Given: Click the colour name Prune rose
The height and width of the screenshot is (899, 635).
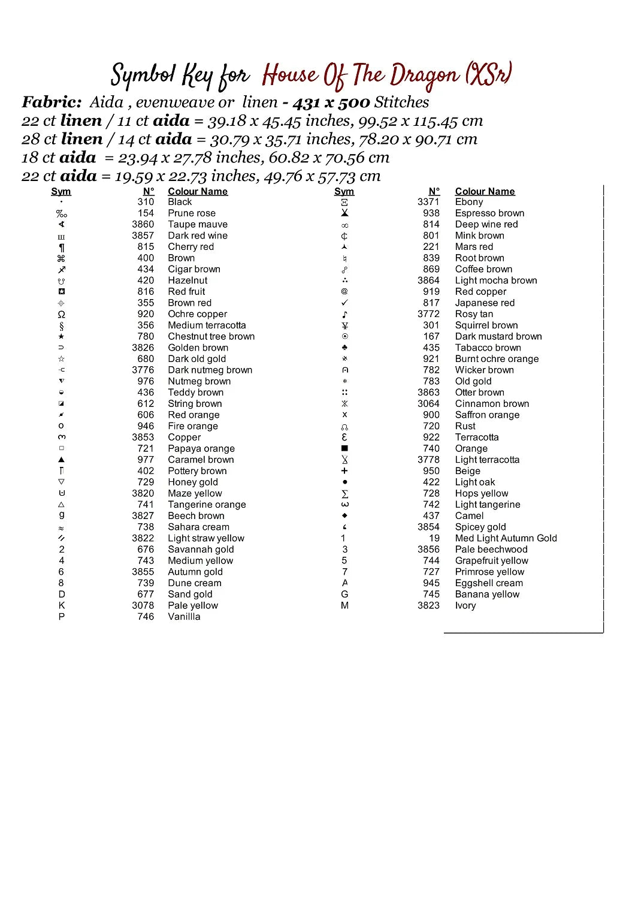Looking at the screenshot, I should (x=191, y=213).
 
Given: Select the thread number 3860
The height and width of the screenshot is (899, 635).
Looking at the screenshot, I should (x=143, y=224).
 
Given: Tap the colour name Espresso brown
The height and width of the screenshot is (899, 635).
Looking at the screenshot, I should (x=489, y=213).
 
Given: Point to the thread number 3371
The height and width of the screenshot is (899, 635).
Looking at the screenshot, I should (x=428, y=202).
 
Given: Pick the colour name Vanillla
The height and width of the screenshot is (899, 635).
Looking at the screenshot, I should (x=184, y=617).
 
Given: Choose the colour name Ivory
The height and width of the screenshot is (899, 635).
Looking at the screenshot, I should (x=465, y=605).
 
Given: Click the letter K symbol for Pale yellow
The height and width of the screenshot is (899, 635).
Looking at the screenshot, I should (x=62, y=605).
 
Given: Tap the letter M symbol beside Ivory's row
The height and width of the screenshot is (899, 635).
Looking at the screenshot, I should (x=344, y=605).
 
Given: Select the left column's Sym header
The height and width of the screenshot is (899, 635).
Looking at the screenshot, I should (x=61, y=191).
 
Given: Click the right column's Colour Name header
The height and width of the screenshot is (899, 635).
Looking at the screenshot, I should (x=485, y=191).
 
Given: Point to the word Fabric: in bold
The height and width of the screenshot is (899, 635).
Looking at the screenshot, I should (x=52, y=102).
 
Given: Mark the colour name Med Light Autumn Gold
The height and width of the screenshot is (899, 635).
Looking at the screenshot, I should (x=506, y=538).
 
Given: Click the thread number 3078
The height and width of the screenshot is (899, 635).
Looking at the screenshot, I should (x=143, y=605).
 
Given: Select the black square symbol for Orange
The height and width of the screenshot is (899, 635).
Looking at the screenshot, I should (x=344, y=448).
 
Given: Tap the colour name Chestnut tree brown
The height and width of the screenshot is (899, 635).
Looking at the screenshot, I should (x=211, y=336).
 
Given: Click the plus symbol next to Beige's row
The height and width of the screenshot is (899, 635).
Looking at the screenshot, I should (x=344, y=471).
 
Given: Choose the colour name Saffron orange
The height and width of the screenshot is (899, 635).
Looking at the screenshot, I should (x=487, y=415).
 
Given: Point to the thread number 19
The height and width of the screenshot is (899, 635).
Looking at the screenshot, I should (x=434, y=538).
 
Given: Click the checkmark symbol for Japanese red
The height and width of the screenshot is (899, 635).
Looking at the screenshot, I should (x=344, y=303).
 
